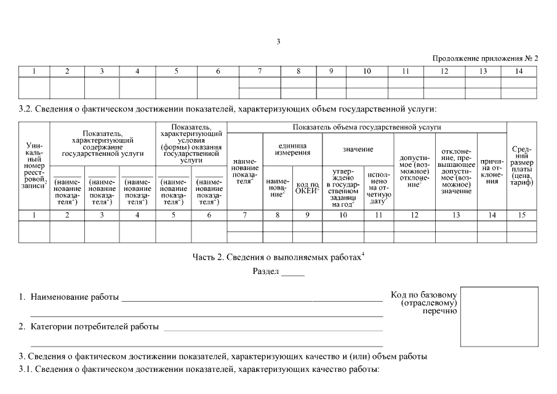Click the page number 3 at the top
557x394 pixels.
pyautogui.click(x=278, y=42)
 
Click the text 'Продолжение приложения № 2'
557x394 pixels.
pyautogui.click(x=485, y=58)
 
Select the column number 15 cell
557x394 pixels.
pyautogui.click(x=522, y=215)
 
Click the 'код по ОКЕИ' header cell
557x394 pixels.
pyautogui.click(x=307, y=186)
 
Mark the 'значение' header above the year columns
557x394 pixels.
pyautogui.click(x=358, y=150)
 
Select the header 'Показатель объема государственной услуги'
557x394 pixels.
pyautogui.click(x=367, y=127)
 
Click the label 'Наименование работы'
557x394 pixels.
pyautogui.click(x=74, y=297)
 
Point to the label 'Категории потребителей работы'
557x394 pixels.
pyautogui.click(x=95, y=326)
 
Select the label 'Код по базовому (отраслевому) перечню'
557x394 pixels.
pyautogui.click(x=424, y=302)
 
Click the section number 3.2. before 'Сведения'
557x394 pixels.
pyautogui.click(x=26, y=110)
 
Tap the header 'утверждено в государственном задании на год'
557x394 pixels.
pyautogui.click(x=343, y=185)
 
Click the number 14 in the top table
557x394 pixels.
pyautogui.click(x=518, y=71)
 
